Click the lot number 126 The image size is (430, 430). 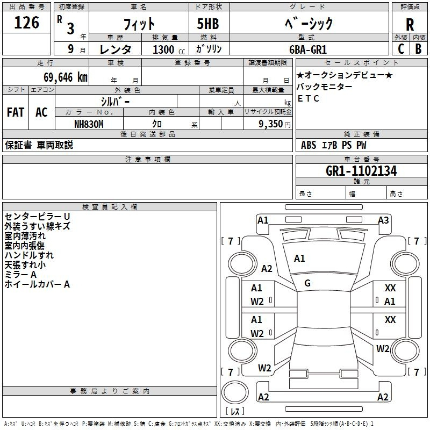pos(26,23)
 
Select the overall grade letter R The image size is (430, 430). pos(410,25)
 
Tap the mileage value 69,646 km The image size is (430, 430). pos(66,77)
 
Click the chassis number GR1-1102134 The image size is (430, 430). pos(361,171)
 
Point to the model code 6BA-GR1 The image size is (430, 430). pos(308,49)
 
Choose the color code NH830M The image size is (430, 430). pos(89,124)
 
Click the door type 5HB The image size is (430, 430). pos(208,24)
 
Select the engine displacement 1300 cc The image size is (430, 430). pos(169,49)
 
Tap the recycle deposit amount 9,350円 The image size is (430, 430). pos(275,124)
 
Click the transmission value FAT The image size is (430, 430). pos(16,112)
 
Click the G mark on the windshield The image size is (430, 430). pos(307,283)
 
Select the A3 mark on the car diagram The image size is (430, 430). pos(383,220)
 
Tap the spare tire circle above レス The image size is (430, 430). pos(235,392)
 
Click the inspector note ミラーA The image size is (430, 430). pos(20,275)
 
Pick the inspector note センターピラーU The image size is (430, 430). pos(37,217)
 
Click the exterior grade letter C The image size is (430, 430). pos(401,49)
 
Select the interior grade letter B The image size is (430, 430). pos(418,49)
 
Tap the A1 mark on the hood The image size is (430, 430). pos(299,259)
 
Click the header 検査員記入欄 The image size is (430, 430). pos(110,207)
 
